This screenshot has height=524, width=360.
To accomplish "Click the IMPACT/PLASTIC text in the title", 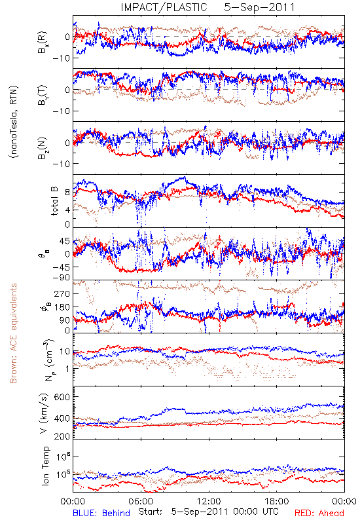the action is coord(164,7).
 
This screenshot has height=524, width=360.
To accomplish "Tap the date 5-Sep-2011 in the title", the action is coord(259,7).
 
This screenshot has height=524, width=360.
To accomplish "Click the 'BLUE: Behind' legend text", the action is coord(101,513).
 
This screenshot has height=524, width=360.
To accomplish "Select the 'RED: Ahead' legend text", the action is coord(319,513).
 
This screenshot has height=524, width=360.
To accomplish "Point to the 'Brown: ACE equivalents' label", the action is coord(13,333).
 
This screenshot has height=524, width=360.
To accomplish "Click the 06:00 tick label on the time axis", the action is coord(141,501).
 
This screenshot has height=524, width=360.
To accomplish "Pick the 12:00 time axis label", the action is coord(209,501).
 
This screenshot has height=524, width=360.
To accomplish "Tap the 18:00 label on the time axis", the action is coord(277,501).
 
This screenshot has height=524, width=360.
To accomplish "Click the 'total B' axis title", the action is coord(54,201).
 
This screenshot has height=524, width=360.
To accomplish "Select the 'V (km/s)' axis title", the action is coord(44,413).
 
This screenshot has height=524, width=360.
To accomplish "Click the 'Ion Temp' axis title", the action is coord(45,466).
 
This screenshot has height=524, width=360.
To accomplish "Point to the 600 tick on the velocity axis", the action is coord(62,397).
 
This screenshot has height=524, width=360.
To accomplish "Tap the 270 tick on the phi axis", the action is coord(62,293).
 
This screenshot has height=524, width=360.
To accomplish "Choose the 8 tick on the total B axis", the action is coord(67,193).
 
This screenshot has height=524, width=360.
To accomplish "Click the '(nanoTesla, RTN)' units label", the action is coord(14,122).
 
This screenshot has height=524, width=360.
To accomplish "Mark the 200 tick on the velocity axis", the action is coord(62,436).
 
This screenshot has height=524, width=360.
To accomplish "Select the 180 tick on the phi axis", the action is coord(62,307).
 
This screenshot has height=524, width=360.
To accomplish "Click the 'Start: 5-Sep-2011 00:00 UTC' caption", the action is coord(209,512).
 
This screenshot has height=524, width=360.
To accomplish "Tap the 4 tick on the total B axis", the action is coord(67,210).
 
